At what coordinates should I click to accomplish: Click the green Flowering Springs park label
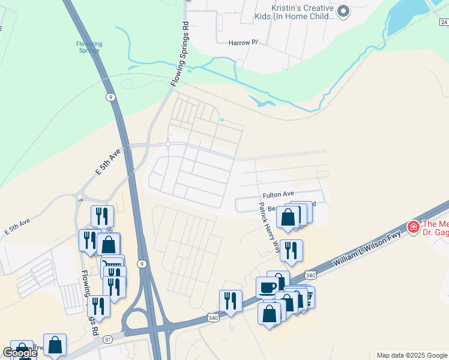(x=89, y=47)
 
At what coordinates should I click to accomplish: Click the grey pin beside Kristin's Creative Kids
(x=343, y=11)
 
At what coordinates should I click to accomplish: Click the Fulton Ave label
(x=278, y=194)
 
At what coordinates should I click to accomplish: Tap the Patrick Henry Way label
(x=270, y=227)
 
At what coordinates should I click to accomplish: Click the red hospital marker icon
(x=413, y=227)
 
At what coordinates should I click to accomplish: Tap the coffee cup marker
(x=267, y=287)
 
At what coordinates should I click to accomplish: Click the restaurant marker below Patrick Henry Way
(x=291, y=250)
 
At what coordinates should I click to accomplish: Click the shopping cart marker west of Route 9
(x=112, y=265)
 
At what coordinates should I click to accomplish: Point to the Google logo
(x=20, y=353)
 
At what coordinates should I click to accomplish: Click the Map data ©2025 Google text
(x=412, y=355)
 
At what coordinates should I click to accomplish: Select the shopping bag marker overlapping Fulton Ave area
(x=288, y=217)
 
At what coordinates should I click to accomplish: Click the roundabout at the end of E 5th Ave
(x=169, y=144)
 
